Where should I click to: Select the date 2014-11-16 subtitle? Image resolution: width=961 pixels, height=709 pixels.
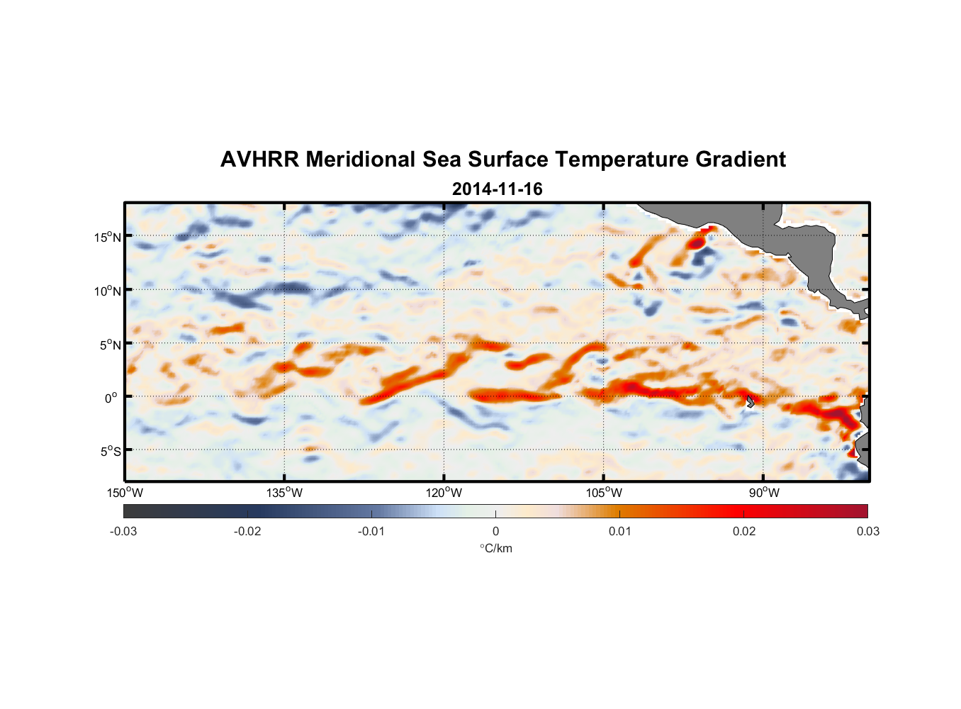click(x=497, y=189)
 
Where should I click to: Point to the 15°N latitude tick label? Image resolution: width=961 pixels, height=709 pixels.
click(x=108, y=237)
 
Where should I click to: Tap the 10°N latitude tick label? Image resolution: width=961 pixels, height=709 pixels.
click(x=108, y=291)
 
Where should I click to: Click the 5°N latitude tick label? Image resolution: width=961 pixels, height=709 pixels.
click(x=109, y=345)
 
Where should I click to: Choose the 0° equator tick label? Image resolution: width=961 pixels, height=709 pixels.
click(x=111, y=398)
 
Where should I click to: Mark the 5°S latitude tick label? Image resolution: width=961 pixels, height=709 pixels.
click(x=109, y=451)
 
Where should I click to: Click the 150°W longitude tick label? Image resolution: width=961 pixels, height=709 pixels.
click(x=125, y=493)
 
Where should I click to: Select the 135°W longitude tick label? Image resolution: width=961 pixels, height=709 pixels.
click(x=285, y=493)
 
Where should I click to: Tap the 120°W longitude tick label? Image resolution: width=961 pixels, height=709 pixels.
click(x=444, y=493)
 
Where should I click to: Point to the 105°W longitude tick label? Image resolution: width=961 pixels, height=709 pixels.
click(x=604, y=493)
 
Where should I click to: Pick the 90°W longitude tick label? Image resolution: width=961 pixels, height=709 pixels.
click(x=764, y=493)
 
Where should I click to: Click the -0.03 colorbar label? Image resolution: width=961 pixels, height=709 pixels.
click(x=123, y=531)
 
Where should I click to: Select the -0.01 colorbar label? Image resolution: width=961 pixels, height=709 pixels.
click(x=371, y=531)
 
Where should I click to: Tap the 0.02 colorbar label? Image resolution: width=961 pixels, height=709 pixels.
click(x=744, y=531)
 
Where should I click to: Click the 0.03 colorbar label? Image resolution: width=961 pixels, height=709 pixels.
click(x=867, y=531)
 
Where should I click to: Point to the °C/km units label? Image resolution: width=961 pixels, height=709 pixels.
click(x=495, y=548)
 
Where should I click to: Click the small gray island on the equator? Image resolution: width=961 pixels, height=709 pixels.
click(x=750, y=401)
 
